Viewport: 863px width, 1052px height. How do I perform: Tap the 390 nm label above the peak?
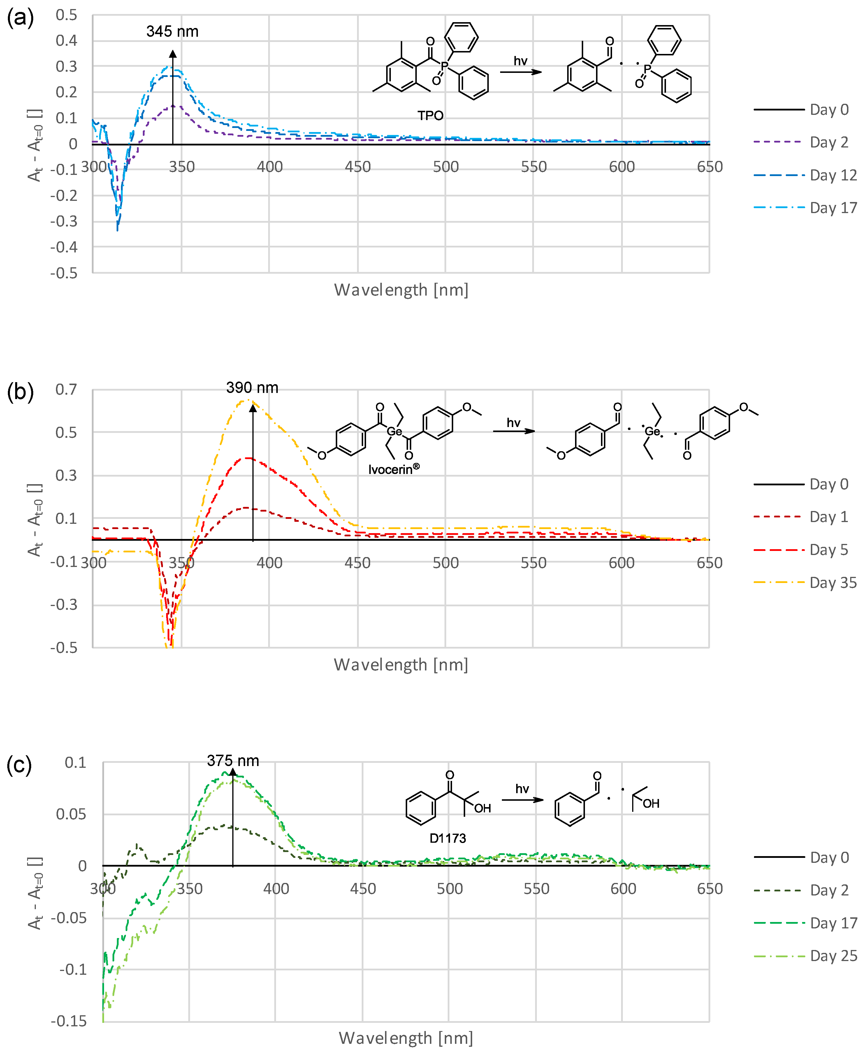[x=252, y=387]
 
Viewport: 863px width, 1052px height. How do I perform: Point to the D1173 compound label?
[x=447, y=838]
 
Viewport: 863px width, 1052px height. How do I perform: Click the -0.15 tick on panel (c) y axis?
[x=69, y=1021]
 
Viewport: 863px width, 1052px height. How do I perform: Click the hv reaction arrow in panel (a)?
[x=521, y=72]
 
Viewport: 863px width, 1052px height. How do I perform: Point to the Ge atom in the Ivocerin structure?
[x=394, y=431]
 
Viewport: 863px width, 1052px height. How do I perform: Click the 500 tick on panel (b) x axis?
[x=445, y=563]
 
